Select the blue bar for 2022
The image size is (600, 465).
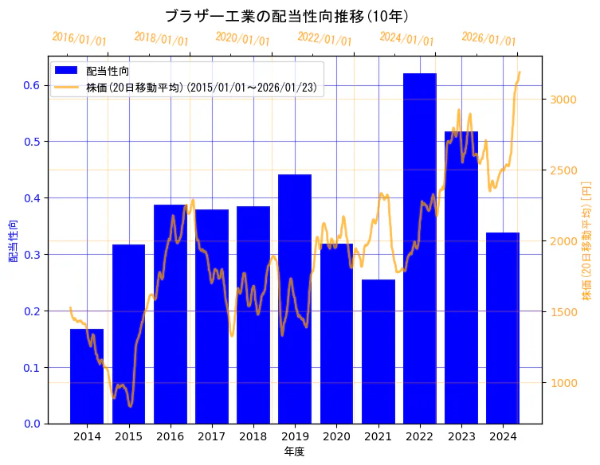pos(419,247)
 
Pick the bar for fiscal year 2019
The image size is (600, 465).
pos(295,299)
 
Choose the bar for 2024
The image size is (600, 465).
pos(503,327)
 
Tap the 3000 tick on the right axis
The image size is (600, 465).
pos(562,100)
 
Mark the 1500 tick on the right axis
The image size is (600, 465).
pos(562,312)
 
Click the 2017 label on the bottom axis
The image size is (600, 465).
pos(212,436)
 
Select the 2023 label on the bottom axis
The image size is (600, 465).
pos(461,436)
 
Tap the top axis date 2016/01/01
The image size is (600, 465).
pos(79,38)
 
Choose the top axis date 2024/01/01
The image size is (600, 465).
pos(406,39)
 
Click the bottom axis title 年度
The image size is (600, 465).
pos(295,451)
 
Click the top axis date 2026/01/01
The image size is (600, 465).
pos(488,39)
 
